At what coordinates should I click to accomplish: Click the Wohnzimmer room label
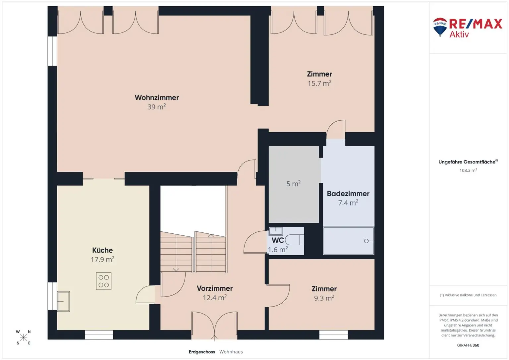click(x=156, y=97)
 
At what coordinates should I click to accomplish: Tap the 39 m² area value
click(x=156, y=107)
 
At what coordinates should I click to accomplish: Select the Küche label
click(x=102, y=250)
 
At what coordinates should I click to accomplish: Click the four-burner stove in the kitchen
click(x=104, y=281)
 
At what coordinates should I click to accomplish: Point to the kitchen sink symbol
click(x=63, y=301)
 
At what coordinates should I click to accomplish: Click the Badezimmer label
click(x=348, y=194)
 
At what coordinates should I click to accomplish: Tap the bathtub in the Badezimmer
click(x=349, y=241)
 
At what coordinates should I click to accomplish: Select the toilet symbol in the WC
click(x=294, y=239)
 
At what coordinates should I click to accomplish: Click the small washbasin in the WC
click(x=276, y=231)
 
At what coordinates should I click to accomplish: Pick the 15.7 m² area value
click(x=319, y=83)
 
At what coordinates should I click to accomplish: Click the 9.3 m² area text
click(x=324, y=298)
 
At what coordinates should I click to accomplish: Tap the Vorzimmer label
click(x=214, y=288)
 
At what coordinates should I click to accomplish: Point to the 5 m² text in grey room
click(x=293, y=184)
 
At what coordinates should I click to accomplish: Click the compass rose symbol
click(x=24, y=337)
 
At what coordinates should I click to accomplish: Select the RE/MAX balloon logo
click(x=440, y=27)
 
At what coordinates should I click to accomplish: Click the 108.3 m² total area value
click(x=468, y=170)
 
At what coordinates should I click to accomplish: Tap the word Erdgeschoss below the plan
click(x=202, y=352)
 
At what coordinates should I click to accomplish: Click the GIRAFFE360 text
click(x=468, y=345)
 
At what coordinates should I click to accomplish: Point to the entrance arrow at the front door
click(x=214, y=338)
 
